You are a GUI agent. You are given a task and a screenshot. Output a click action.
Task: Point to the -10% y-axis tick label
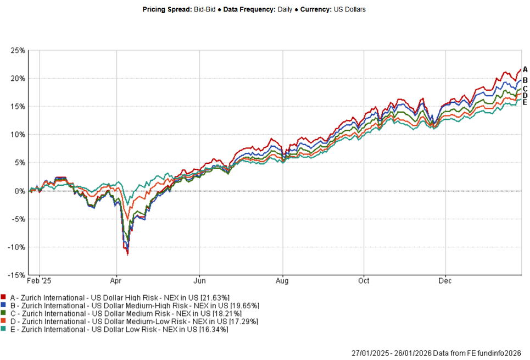16,247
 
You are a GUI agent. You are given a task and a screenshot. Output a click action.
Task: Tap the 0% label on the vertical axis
20,191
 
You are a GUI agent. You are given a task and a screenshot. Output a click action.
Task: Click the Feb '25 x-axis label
40,281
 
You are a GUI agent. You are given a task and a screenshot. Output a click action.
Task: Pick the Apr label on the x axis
116,281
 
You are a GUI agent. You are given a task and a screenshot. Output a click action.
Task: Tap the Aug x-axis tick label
282,281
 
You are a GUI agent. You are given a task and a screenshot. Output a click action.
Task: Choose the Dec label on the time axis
445,281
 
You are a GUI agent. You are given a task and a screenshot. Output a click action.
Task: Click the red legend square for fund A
3,297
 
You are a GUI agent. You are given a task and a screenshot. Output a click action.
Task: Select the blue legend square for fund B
3,305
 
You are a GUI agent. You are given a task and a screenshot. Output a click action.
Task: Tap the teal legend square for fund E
3,329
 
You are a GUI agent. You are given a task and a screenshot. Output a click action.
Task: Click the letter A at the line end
525,69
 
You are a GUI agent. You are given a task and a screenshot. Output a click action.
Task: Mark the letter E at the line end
525,102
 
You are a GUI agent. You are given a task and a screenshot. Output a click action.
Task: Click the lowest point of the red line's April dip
127,254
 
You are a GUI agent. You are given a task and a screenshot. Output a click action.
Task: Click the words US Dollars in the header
349,9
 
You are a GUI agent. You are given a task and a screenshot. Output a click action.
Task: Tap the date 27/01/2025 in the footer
370,352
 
